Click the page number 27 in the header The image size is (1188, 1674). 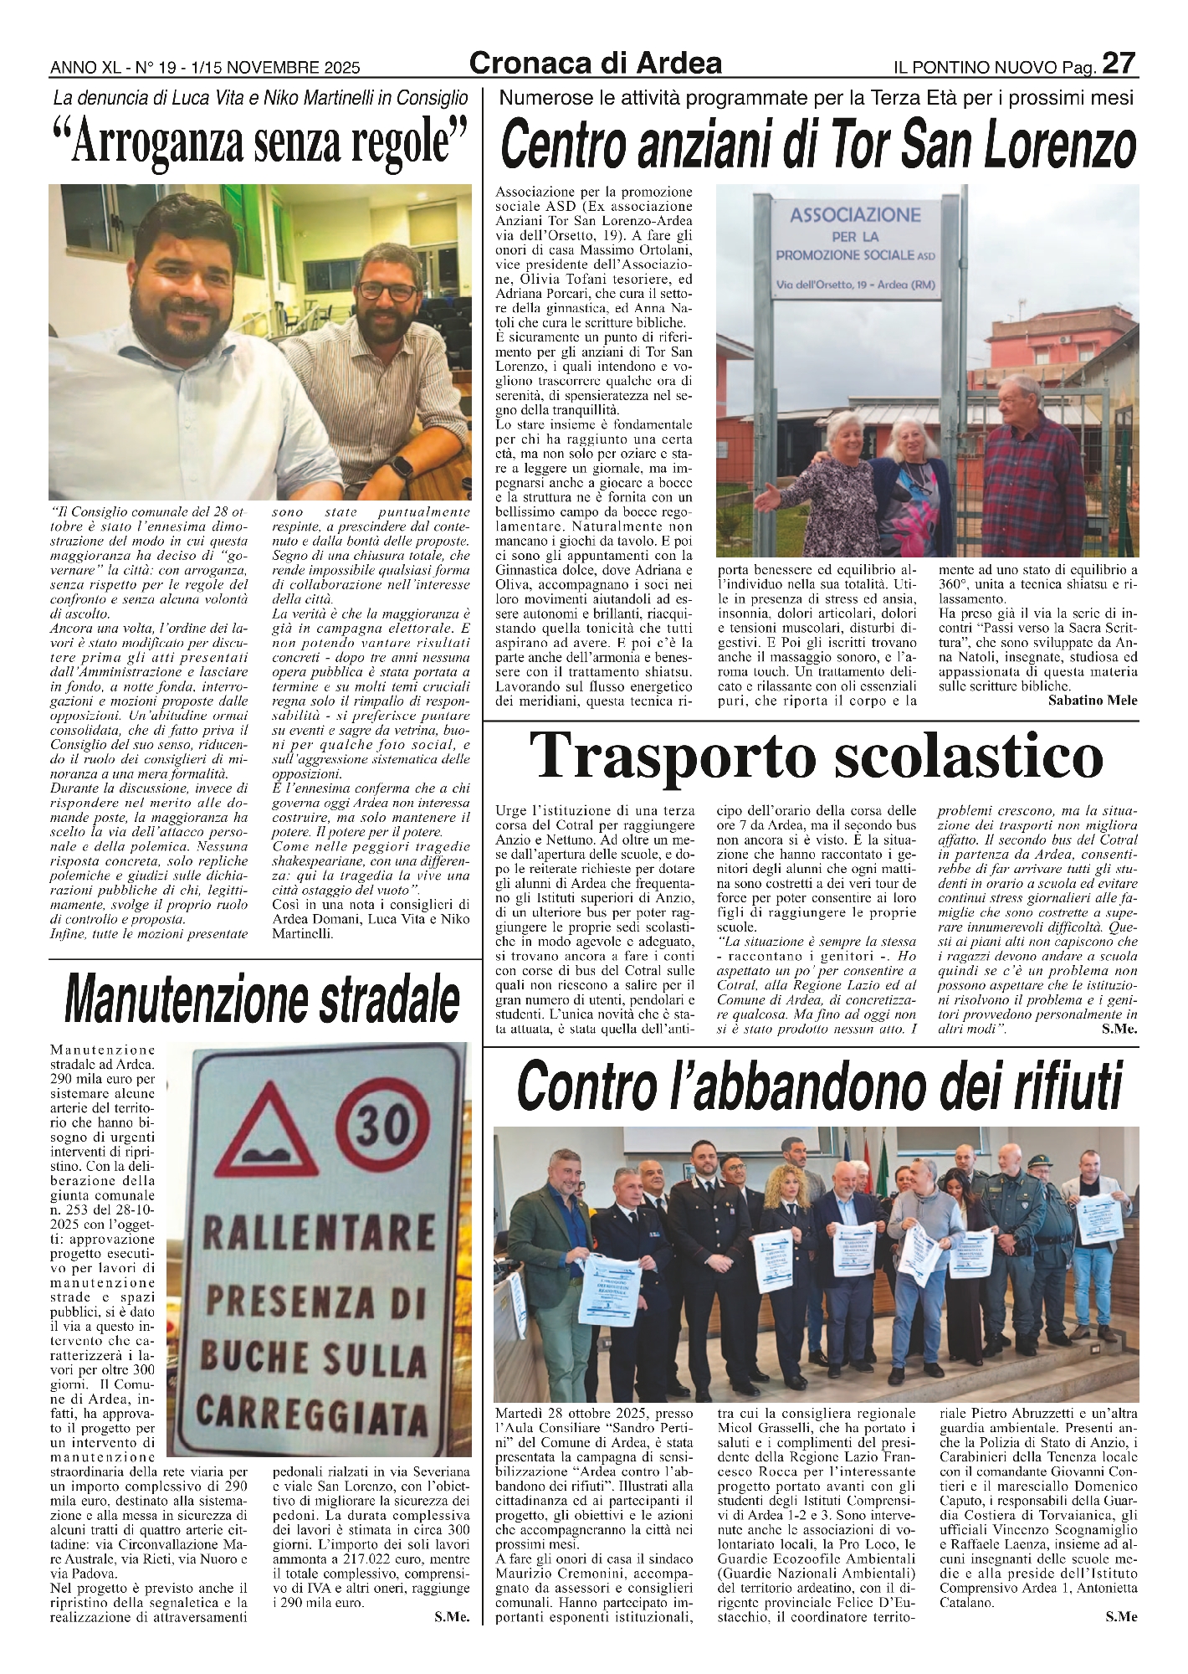coord(1119,64)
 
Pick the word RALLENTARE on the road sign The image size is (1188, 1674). coord(319,1232)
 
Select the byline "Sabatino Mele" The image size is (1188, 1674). coord(1092,701)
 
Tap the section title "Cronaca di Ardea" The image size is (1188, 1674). coord(595,63)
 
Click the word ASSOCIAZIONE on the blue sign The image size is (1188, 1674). coord(855,215)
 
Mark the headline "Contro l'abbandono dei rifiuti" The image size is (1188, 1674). coord(819,1086)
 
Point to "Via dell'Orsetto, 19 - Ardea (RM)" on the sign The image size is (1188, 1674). coord(854,285)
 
